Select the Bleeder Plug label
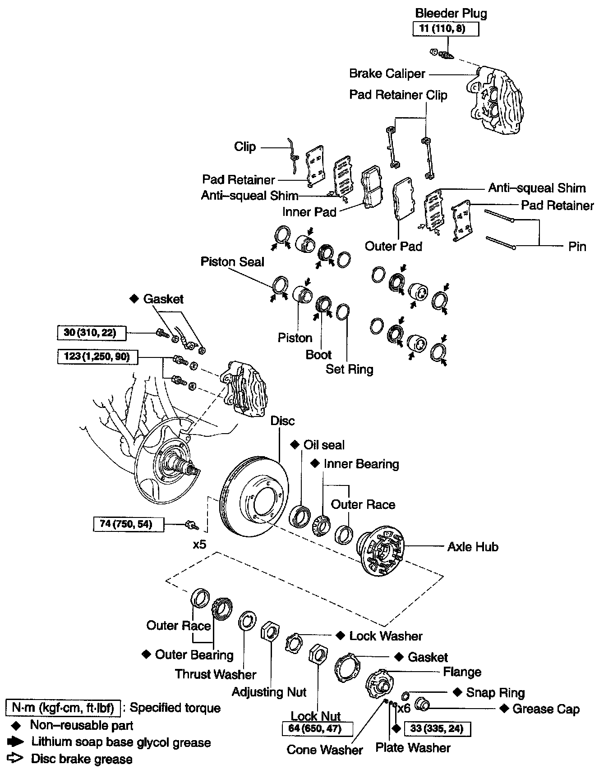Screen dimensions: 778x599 [x=451, y=14]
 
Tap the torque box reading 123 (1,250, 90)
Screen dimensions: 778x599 [x=97, y=357]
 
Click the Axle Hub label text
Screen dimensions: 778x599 [x=473, y=547]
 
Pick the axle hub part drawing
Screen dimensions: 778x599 [x=380, y=551]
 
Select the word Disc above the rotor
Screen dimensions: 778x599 [x=282, y=421]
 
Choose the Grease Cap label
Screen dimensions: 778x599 [x=546, y=709]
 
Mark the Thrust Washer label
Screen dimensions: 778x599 [x=216, y=674]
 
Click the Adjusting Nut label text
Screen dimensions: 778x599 [x=269, y=692]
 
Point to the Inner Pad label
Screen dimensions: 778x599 [x=309, y=212]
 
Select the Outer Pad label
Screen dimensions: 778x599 [x=393, y=246]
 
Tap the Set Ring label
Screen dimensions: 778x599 [x=350, y=370]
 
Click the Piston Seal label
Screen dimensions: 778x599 [x=232, y=262]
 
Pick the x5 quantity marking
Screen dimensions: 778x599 [x=199, y=545]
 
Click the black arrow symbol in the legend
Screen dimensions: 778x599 [x=16, y=742]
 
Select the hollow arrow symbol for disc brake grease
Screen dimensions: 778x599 [x=16, y=759]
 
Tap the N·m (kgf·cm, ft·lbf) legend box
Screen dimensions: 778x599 [x=63, y=708]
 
